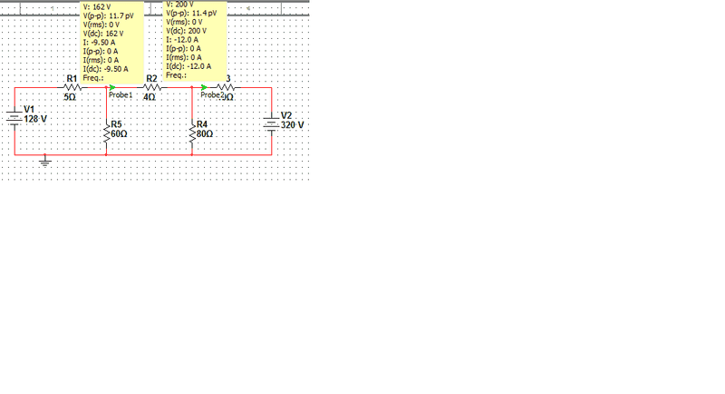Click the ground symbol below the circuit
coord(46,163)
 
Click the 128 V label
coord(36,119)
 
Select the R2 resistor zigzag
coord(152,87)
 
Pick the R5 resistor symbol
coord(107,130)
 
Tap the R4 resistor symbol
coord(192,130)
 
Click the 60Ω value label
coord(119,133)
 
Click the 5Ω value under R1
coord(69,96)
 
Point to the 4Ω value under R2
coord(150,96)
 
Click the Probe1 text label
coord(121,94)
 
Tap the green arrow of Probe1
coord(112,87)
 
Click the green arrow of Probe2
coord(205,87)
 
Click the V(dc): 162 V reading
coord(102,34)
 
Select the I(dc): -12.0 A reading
coord(188,66)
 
